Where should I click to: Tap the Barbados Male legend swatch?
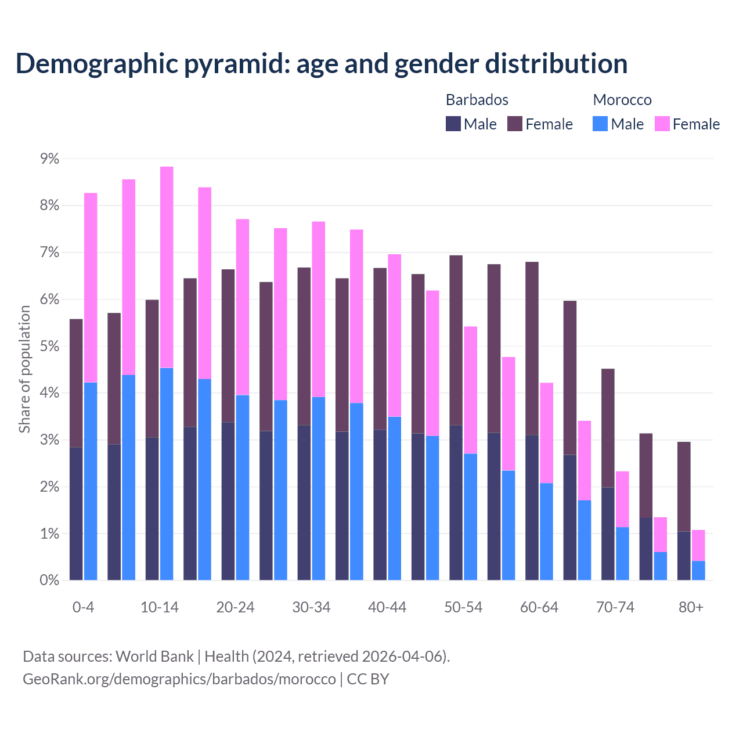pyautogui.click(x=453, y=124)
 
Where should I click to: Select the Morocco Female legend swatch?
pyautogui.click(x=662, y=124)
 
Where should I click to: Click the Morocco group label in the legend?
pyautogui.click(x=622, y=100)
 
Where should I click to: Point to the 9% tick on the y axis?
pyautogui.click(x=49, y=158)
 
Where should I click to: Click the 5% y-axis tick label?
pyautogui.click(x=49, y=347)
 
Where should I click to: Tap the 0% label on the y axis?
pyautogui.click(x=49, y=580)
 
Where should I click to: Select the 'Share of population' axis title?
pyautogui.click(x=24, y=369)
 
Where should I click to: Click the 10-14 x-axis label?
pyautogui.click(x=160, y=607)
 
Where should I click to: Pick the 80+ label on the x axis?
pyautogui.click(x=691, y=607)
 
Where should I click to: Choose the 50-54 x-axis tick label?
pyautogui.click(x=463, y=607)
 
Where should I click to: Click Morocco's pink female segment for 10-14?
pyautogui.click(x=167, y=267)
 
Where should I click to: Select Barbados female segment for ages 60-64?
pyautogui.click(x=532, y=348)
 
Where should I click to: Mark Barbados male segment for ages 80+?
pyautogui.click(x=684, y=556)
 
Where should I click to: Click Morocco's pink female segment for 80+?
pyautogui.click(x=698, y=545)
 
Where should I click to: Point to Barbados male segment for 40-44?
pyautogui.click(x=380, y=504)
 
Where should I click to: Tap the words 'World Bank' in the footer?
pyautogui.click(x=154, y=657)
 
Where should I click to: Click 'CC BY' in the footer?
pyautogui.click(x=368, y=679)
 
